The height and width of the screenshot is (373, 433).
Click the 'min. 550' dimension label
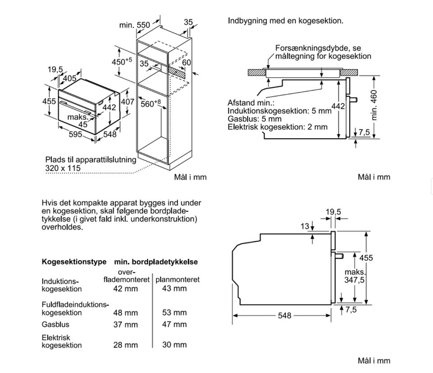click(x=134, y=25)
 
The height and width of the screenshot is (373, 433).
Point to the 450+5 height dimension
click(x=121, y=61)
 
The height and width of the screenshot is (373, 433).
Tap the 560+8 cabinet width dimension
click(x=150, y=103)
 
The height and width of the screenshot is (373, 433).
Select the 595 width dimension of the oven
click(x=75, y=134)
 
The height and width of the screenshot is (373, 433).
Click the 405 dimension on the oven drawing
click(x=69, y=79)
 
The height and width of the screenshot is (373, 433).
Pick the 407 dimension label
click(x=128, y=102)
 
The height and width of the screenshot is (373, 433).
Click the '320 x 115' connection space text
click(x=63, y=168)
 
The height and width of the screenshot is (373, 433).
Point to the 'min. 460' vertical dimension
click(x=373, y=105)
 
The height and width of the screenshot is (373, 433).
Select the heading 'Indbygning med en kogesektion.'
click(x=286, y=21)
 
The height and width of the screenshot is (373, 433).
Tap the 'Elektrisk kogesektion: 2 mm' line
click(x=277, y=127)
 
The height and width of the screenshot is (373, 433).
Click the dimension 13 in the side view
click(x=305, y=226)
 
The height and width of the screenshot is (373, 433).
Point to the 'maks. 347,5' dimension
click(x=355, y=276)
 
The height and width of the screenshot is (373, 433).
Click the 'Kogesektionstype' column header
click(x=74, y=261)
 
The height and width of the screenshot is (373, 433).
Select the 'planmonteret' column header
click(x=177, y=280)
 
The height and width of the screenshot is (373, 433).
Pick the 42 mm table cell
click(x=125, y=289)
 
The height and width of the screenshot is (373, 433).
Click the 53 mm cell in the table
click(x=174, y=312)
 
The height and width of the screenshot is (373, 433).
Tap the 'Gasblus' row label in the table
click(x=55, y=324)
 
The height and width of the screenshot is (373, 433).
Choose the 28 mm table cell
click(x=125, y=345)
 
